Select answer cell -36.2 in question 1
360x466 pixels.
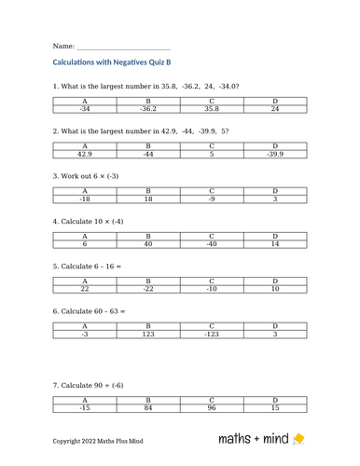[147, 109]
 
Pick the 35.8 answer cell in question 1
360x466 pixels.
[212, 109]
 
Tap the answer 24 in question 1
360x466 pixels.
[275, 109]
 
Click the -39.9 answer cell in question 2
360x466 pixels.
[275, 154]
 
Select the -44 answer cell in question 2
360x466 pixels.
[147, 154]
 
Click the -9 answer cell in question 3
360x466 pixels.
[212, 199]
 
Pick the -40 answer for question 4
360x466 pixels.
[212, 244]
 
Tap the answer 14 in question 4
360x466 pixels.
[275, 244]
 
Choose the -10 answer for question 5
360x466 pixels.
[212, 289]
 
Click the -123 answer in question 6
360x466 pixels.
[212, 334]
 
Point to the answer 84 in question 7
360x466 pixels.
[147, 408]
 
